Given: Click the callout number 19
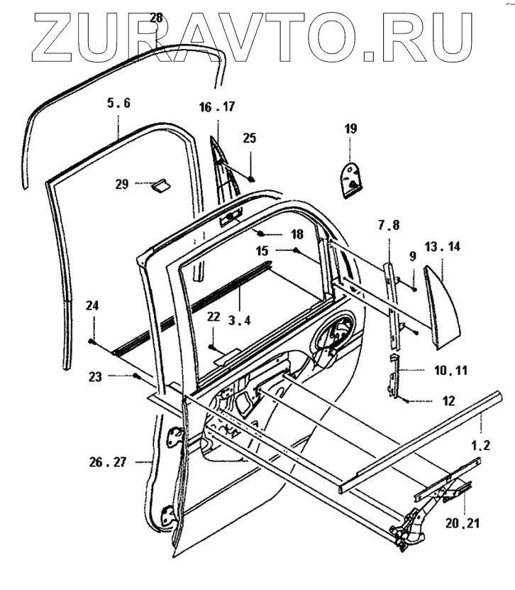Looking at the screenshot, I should click(x=350, y=129).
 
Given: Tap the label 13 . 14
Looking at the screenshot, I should click(x=443, y=246).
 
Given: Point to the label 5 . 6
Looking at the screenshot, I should click(x=118, y=103).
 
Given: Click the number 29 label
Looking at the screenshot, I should click(x=122, y=184).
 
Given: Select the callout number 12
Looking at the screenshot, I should click(x=448, y=401).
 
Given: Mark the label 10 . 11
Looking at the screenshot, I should click(x=450, y=371).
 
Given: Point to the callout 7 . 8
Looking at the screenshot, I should click(x=388, y=225).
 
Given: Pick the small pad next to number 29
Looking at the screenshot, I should click(x=160, y=186).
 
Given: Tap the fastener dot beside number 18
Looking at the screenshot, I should click(x=260, y=234).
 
